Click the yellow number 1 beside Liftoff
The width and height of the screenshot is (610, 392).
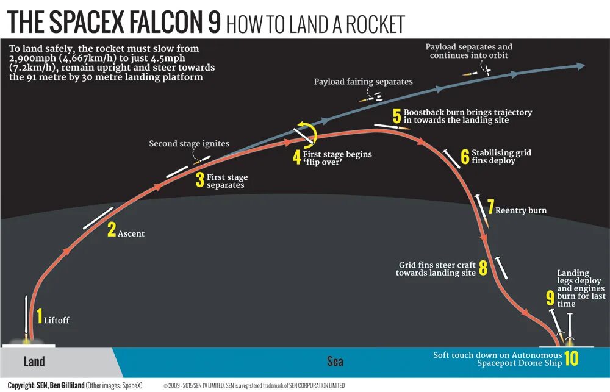point(39,316)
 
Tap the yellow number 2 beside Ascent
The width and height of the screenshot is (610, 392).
point(111,230)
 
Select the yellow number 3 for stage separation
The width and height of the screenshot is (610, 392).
point(199,180)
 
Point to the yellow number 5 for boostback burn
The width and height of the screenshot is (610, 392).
point(396,116)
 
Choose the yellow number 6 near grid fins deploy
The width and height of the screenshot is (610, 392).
point(465,157)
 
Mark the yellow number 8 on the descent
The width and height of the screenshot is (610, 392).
point(483,268)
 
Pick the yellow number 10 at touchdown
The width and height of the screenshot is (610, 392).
point(571,358)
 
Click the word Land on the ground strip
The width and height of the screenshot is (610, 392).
point(34,362)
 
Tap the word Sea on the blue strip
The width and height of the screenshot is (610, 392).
point(335,362)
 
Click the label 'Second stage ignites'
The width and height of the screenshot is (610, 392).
point(189,144)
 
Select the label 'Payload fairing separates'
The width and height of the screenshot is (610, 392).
point(363,82)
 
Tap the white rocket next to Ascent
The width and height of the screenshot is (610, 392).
point(98,218)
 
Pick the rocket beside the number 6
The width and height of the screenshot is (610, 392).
point(452,158)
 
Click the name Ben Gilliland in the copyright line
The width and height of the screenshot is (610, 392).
point(60,385)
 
